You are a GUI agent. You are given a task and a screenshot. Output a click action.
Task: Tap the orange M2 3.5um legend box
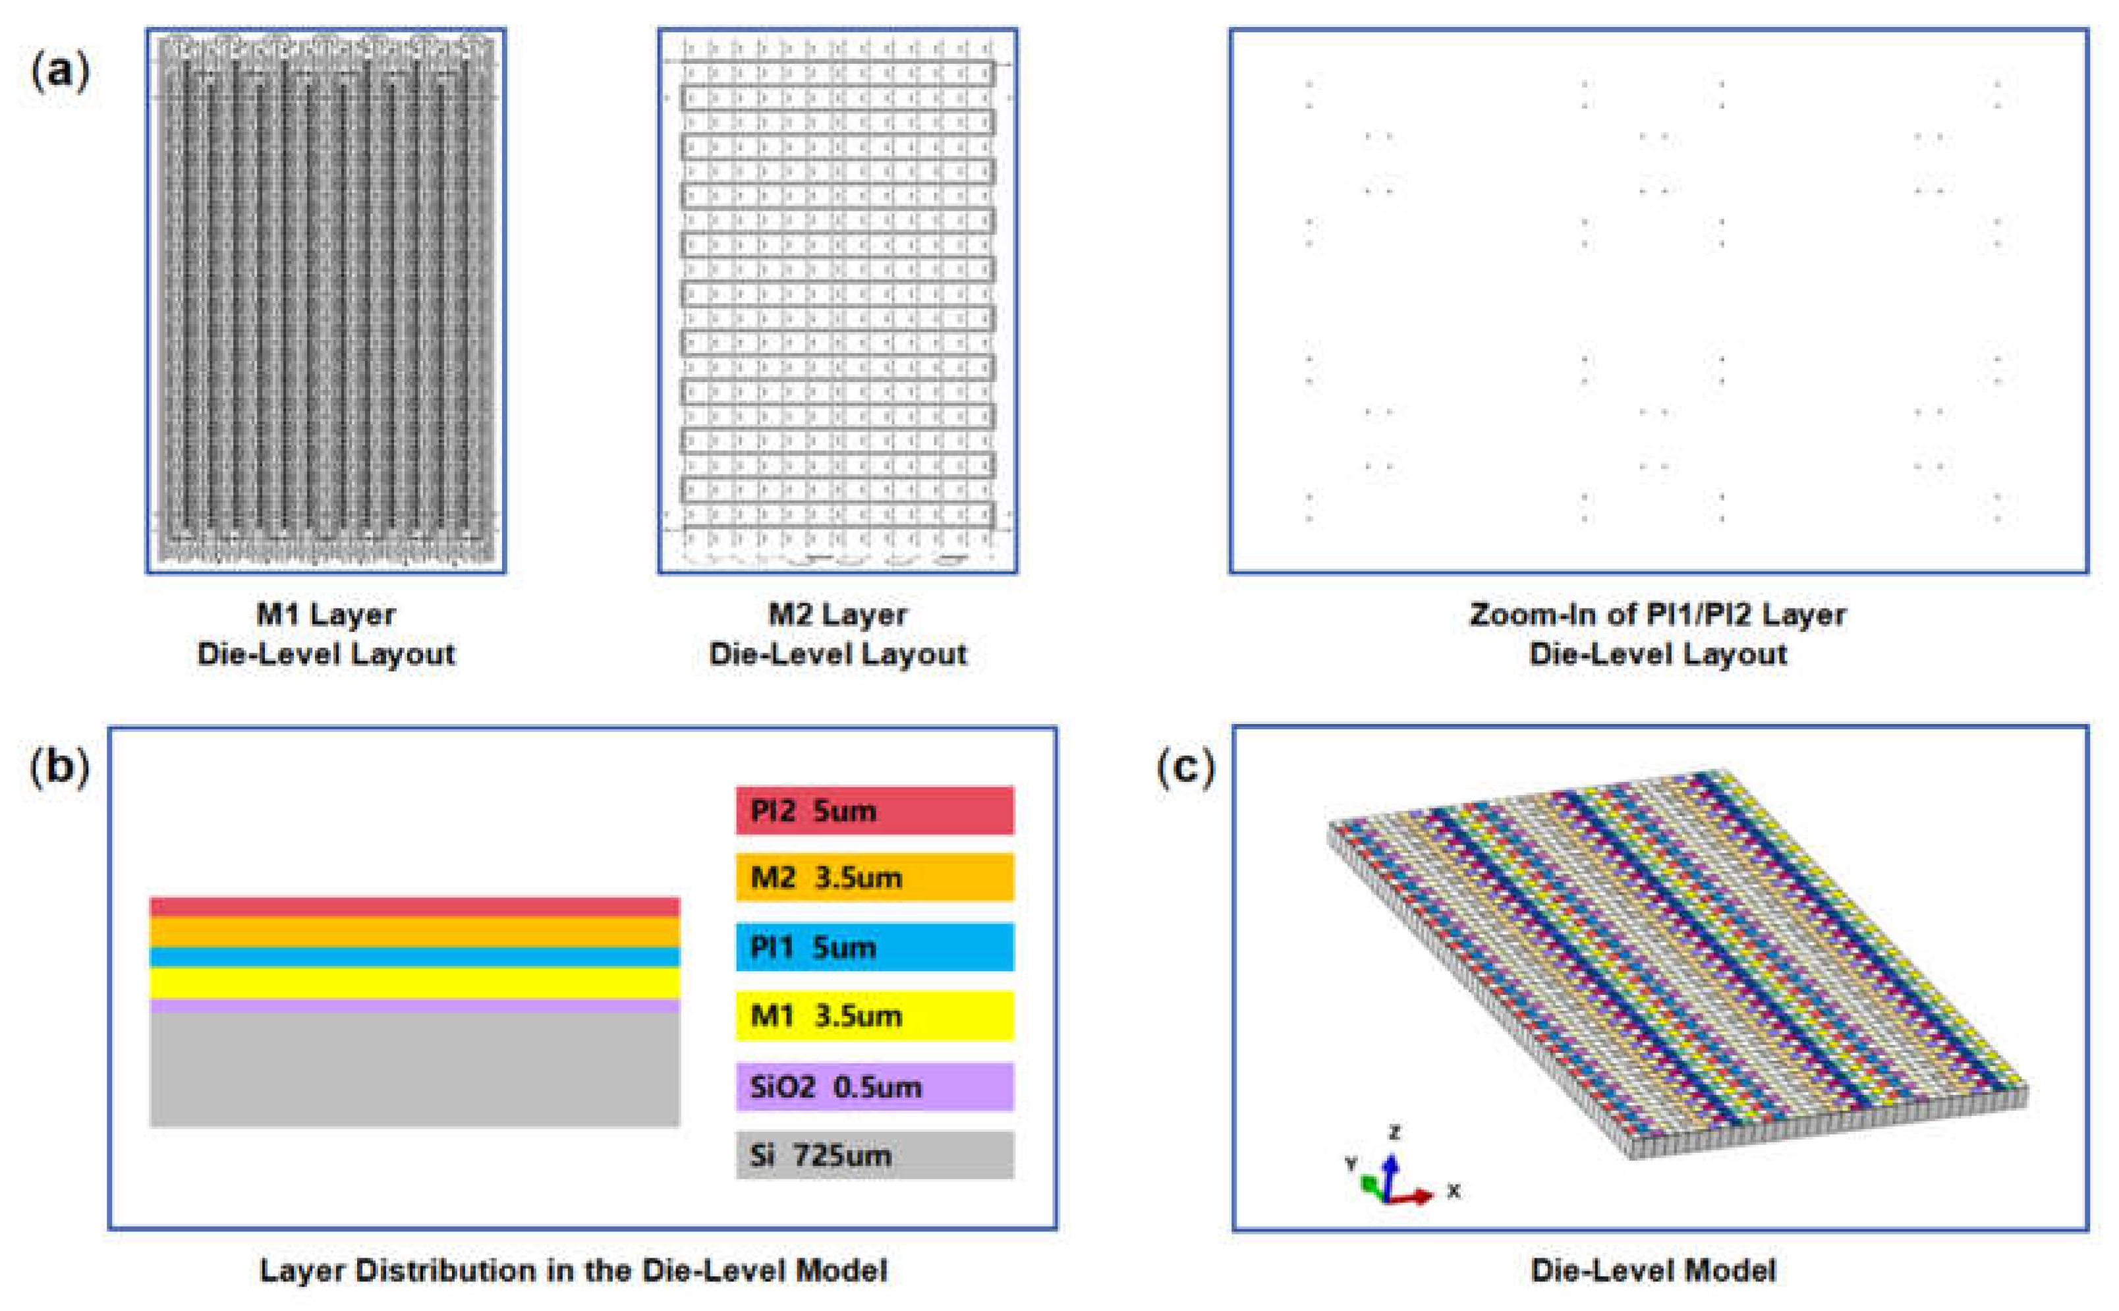click(874, 878)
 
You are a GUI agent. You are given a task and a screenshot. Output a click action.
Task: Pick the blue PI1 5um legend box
click(874, 947)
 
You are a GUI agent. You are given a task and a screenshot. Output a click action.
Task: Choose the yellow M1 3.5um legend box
click(874, 1015)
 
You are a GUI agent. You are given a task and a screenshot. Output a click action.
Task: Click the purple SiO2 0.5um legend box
click(874, 1086)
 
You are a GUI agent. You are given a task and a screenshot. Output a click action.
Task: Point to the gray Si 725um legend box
click(874, 1155)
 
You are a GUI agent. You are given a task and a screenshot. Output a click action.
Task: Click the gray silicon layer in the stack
click(414, 1070)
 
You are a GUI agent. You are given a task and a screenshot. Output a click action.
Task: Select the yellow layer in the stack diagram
click(414, 983)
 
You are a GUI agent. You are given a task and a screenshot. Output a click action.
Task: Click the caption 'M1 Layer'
click(326, 615)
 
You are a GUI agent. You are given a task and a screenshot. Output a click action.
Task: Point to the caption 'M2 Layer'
click(837, 615)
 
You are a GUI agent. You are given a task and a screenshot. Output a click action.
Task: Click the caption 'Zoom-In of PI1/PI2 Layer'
click(1658, 615)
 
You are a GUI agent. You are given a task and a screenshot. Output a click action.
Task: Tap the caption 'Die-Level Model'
click(1653, 1270)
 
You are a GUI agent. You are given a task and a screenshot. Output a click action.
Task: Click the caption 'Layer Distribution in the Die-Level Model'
click(573, 1270)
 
